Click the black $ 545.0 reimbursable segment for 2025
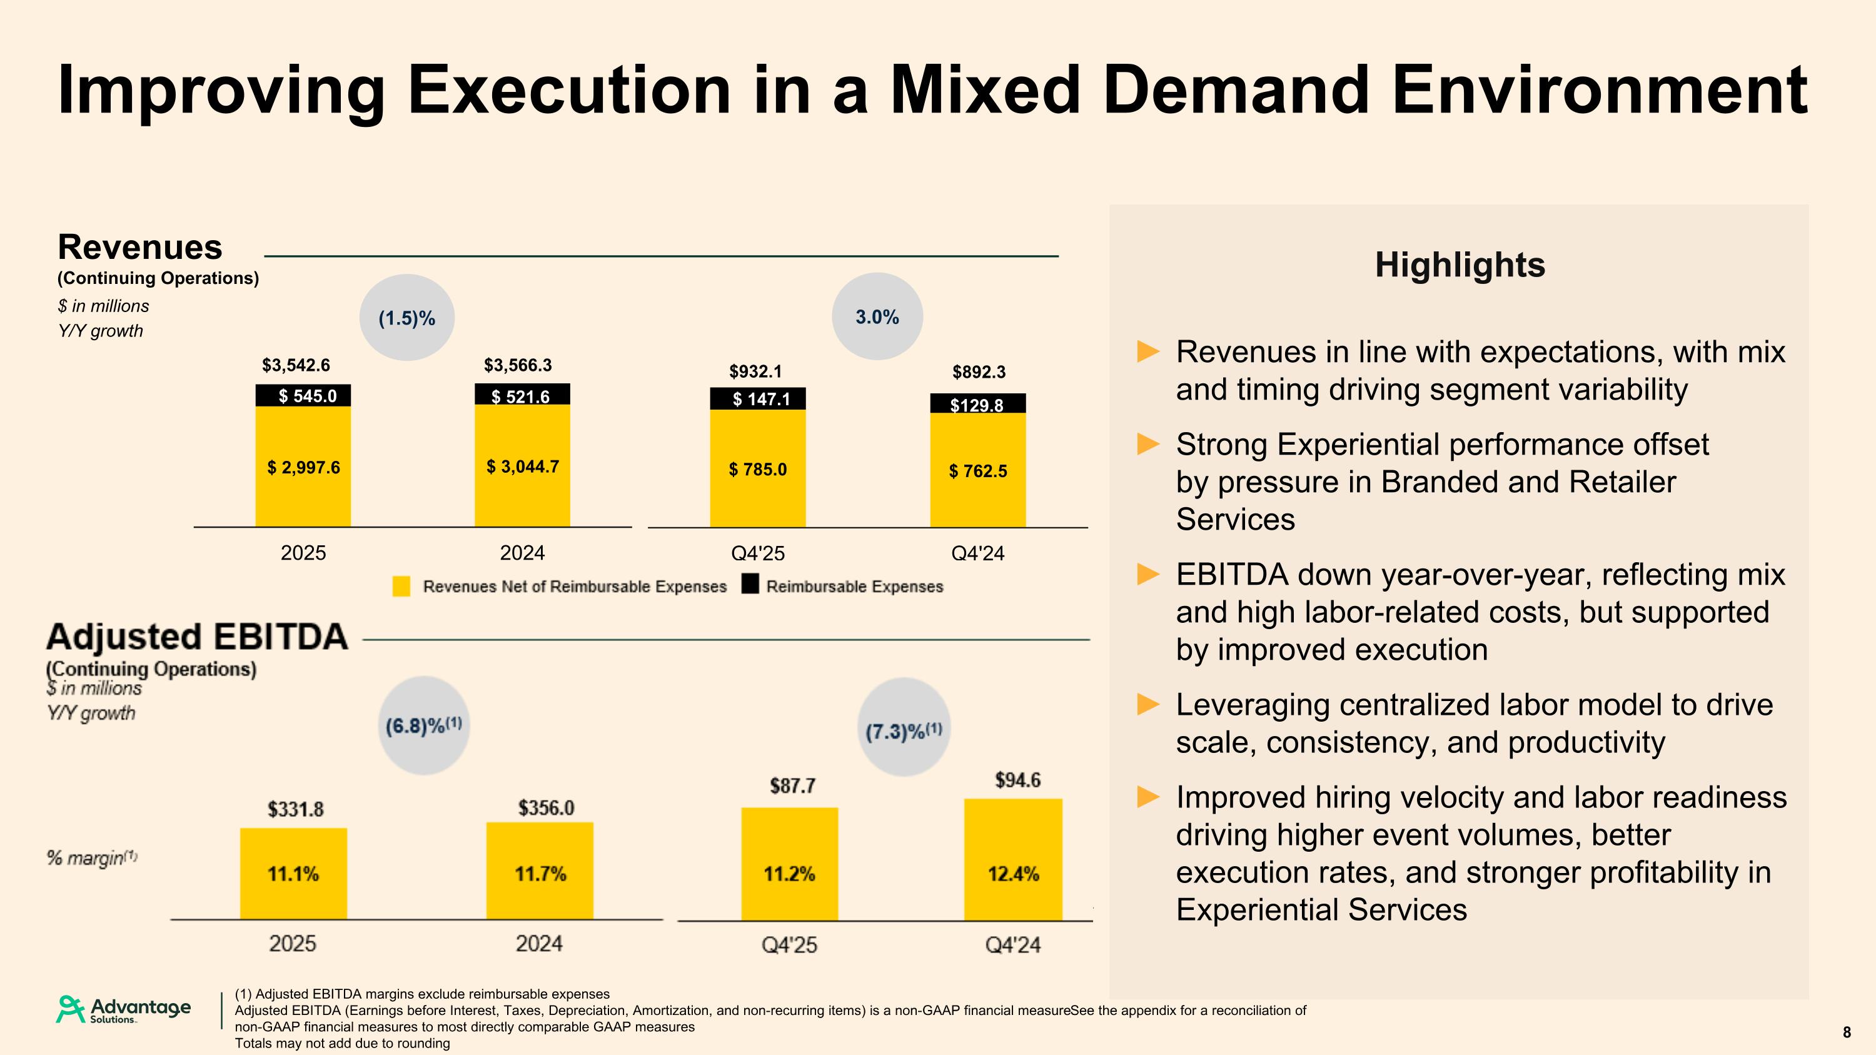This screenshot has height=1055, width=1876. point(303,396)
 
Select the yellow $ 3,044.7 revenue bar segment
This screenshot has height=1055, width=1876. point(522,466)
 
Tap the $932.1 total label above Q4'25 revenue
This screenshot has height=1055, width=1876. point(755,371)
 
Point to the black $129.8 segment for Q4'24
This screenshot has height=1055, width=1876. point(977,404)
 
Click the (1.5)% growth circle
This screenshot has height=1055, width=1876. point(407,318)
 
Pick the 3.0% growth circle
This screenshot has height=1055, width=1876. point(877,316)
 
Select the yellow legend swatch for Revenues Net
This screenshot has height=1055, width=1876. point(401,586)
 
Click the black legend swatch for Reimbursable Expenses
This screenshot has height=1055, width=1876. point(750,585)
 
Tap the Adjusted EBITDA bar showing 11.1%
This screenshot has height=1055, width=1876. point(293,874)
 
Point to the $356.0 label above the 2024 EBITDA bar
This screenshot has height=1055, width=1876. point(546,807)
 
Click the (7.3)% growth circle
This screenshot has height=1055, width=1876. point(904,728)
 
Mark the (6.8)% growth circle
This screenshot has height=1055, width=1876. point(424,725)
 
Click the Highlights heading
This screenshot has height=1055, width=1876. point(1460,265)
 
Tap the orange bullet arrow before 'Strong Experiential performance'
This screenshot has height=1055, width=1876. point(1149,443)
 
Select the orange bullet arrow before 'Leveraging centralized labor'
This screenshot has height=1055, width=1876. point(1149,704)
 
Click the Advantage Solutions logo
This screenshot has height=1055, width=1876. point(124,1009)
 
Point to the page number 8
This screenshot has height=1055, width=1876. point(1846,1032)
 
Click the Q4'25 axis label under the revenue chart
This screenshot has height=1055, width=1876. point(757,553)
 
